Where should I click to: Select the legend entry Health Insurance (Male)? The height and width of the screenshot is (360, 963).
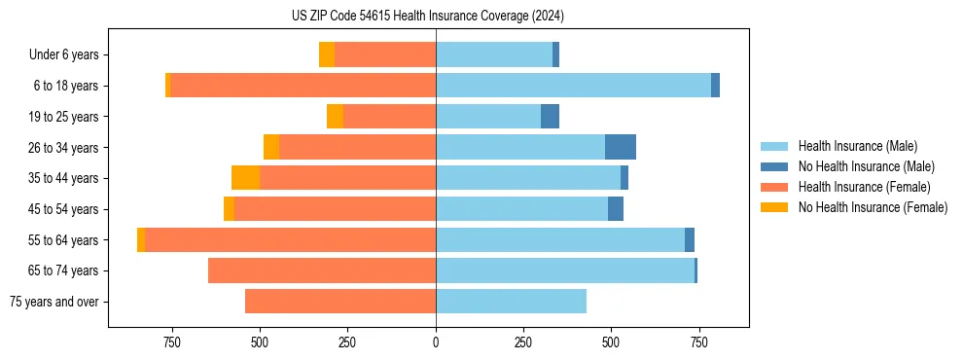tap(857, 146)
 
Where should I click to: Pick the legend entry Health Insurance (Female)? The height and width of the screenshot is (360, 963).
tap(864, 187)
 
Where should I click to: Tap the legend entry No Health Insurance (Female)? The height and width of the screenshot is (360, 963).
tap(872, 207)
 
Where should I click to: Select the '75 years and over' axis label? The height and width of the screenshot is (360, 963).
tap(53, 302)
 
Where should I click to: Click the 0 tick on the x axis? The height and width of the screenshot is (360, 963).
tap(436, 342)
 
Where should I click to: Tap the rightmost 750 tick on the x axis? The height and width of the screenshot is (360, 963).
tap(698, 342)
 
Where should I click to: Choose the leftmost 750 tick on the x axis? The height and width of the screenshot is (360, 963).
tap(172, 342)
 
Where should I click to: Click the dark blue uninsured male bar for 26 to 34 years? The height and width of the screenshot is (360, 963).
tap(621, 147)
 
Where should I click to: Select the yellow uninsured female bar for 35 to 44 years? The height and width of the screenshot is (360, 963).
tap(245, 178)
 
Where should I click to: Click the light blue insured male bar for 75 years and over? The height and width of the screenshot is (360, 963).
tap(511, 302)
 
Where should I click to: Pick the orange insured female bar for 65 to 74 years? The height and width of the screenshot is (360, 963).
tap(322, 270)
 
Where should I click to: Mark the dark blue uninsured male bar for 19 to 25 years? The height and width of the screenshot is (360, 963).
tap(550, 117)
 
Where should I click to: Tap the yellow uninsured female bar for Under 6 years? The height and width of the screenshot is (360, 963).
tap(327, 55)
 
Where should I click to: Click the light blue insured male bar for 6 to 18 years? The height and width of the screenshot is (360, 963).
tap(573, 86)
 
